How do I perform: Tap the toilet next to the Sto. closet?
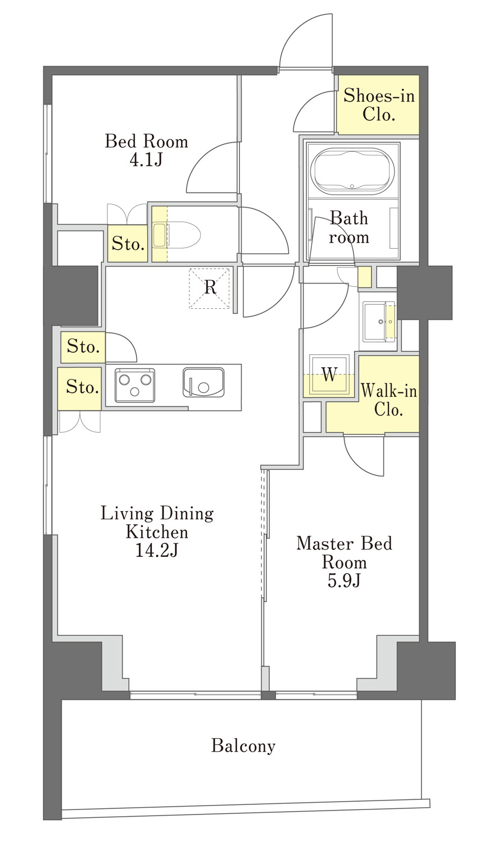pos(176,235)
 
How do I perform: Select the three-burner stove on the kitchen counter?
pos(135,385)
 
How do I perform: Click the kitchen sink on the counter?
pos(203,382)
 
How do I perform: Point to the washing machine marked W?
pos(329,375)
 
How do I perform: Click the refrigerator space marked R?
pos(210,289)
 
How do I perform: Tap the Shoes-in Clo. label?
pos(378,104)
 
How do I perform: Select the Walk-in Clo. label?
pos(389,400)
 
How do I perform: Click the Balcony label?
pos(243,746)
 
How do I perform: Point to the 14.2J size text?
pos(156,551)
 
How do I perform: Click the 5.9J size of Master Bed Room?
pos(344,581)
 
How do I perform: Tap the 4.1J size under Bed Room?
pos(146,161)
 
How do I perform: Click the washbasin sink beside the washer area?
pos(379,322)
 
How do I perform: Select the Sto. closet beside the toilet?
pos(128,244)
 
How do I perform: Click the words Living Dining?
pos(157,514)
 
